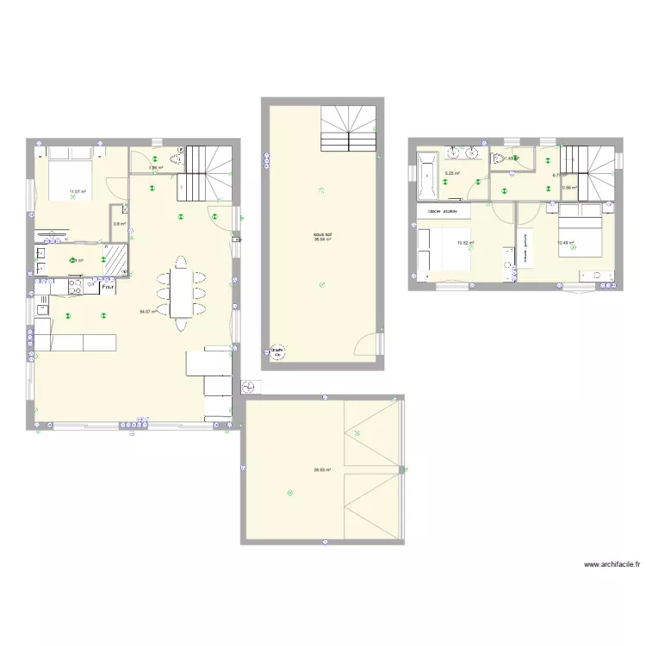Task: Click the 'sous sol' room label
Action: pyautogui.click(x=323, y=233)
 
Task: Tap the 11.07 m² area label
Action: pyautogui.click(x=78, y=191)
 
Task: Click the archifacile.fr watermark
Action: pyautogui.click(x=612, y=565)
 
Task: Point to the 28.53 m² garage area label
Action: pyautogui.click(x=322, y=469)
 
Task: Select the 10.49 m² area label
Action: pyautogui.click(x=565, y=243)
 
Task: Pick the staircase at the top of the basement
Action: pyautogui.click(x=348, y=129)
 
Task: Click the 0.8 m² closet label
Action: pyautogui.click(x=119, y=226)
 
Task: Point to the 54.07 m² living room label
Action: pyautogui.click(x=147, y=312)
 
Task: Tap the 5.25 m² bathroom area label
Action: pyautogui.click(x=451, y=173)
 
